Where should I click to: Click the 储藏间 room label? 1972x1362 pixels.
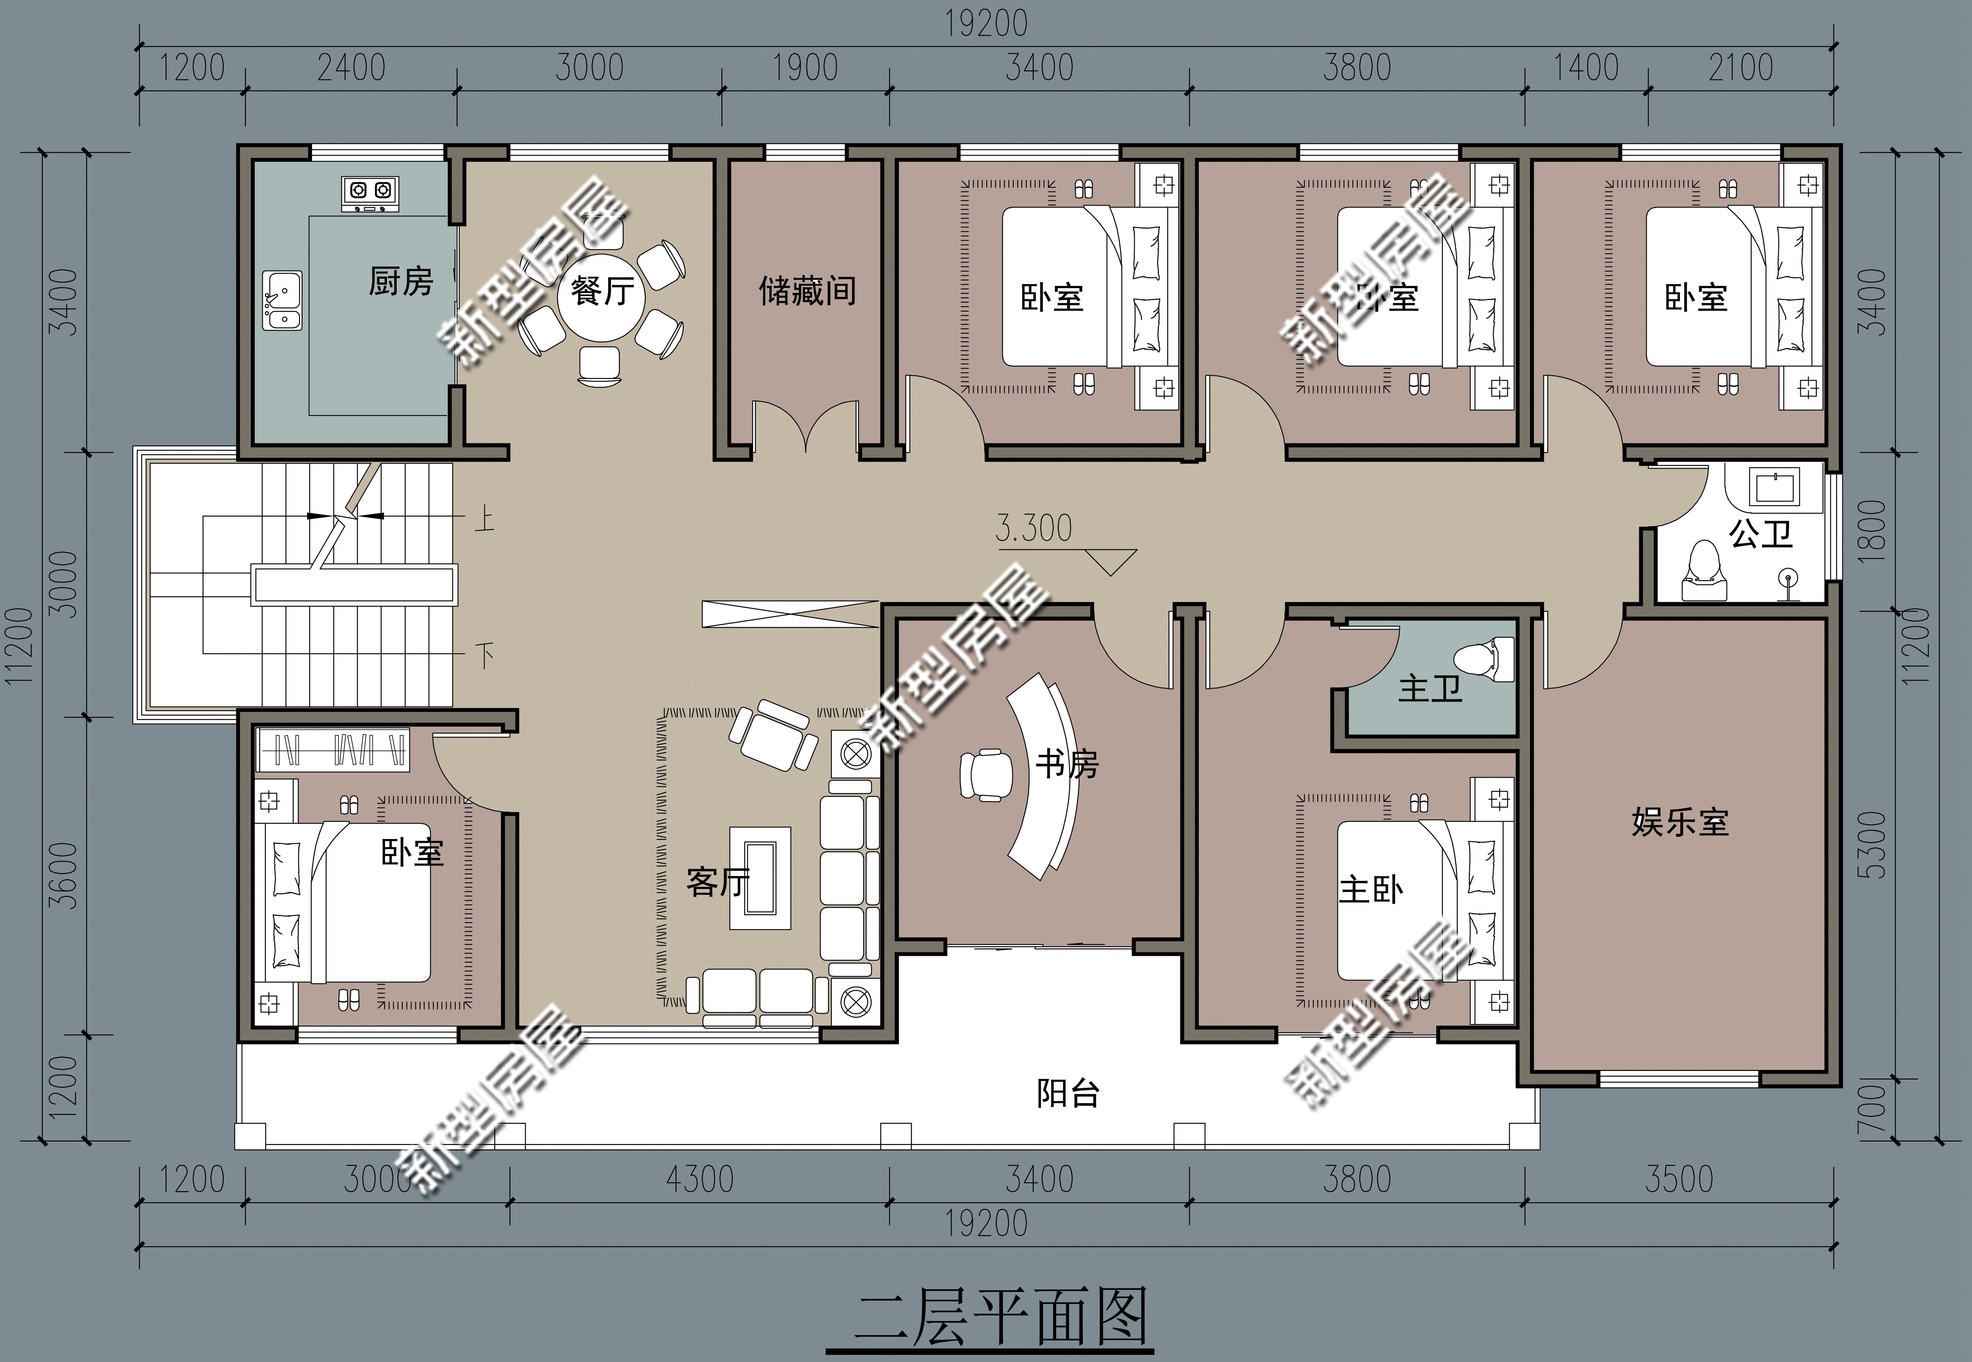click(806, 291)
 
